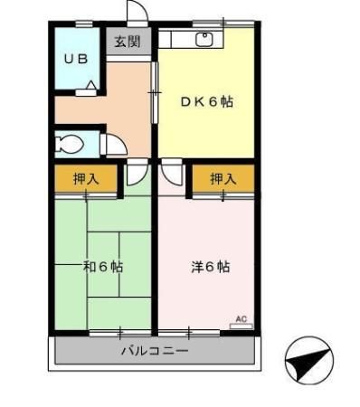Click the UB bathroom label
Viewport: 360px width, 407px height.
[x=75, y=59]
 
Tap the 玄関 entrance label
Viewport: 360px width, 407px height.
[x=128, y=42]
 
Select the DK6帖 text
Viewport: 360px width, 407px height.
[x=207, y=102]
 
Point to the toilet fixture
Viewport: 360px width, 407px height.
[x=70, y=143]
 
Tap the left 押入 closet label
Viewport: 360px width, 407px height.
[x=85, y=179]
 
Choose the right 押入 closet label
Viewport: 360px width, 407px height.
[x=223, y=180]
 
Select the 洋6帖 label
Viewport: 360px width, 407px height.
[x=210, y=267]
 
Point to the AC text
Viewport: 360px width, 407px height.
[x=241, y=317]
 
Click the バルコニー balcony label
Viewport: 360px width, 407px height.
[x=155, y=350]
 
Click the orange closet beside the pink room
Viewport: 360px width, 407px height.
[x=223, y=180]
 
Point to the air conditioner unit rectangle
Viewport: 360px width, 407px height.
[x=240, y=326]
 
